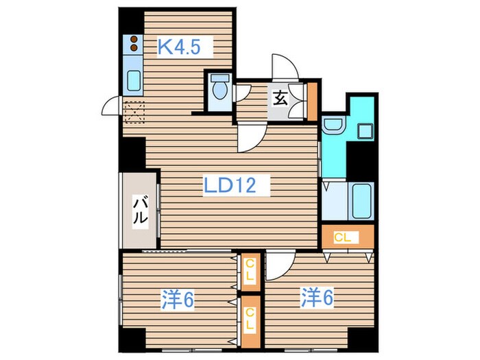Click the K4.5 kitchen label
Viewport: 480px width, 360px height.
click(x=180, y=47)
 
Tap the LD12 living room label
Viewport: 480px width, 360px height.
click(x=230, y=186)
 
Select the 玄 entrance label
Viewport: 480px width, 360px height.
click(x=280, y=99)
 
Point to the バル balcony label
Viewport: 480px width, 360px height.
click(x=141, y=211)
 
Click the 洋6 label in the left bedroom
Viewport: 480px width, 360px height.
click(x=178, y=300)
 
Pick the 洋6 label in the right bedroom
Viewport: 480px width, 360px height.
click(x=317, y=297)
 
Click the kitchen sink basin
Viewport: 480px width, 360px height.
click(x=134, y=80)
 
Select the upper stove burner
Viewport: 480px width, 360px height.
click(x=134, y=39)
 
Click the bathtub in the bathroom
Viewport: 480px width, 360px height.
click(x=362, y=201)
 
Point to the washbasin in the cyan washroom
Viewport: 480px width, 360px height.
click(x=333, y=125)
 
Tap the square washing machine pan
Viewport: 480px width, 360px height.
click(x=365, y=132)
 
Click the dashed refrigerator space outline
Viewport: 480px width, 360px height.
click(x=134, y=112)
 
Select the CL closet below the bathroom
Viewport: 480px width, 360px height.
click(x=348, y=237)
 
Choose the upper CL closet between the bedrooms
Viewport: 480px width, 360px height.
click(x=251, y=272)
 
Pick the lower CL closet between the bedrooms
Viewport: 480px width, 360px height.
click(x=251, y=322)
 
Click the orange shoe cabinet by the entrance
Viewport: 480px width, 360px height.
click(x=312, y=101)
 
